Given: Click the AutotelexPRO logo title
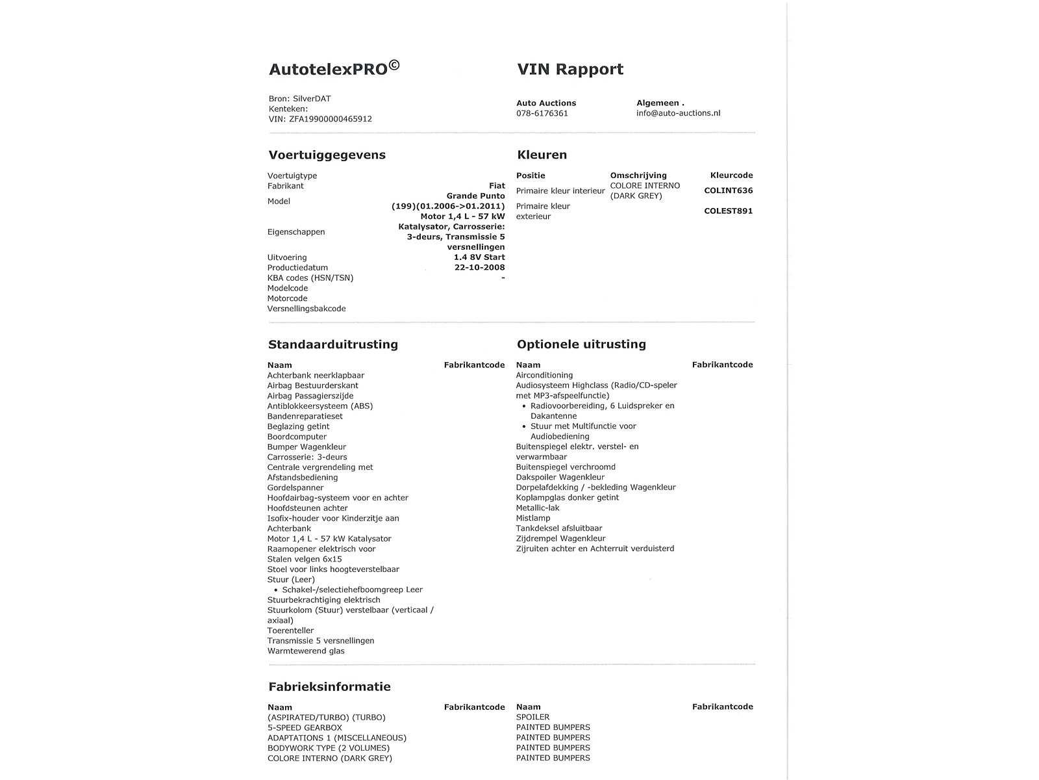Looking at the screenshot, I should (x=334, y=69).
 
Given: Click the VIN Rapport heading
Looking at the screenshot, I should (x=570, y=70).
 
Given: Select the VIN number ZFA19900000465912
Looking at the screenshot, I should (x=330, y=119).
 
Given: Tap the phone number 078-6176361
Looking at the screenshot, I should (x=542, y=113).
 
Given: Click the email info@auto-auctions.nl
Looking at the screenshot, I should (x=678, y=113).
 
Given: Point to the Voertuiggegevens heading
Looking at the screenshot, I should (x=327, y=155).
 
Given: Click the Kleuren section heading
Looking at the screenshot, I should (x=542, y=155).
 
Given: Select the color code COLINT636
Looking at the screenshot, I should (x=728, y=190).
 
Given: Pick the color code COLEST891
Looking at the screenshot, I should (x=728, y=211).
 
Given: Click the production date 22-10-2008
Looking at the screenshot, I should (x=479, y=267).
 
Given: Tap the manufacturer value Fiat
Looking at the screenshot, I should (x=497, y=186).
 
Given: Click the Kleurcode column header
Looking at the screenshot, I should (x=731, y=175).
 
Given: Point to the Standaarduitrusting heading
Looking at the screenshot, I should (x=332, y=344).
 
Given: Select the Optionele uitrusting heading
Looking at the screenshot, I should (x=581, y=344).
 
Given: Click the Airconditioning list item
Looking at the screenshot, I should (x=544, y=375).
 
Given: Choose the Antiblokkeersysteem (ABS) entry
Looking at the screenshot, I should (x=319, y=406).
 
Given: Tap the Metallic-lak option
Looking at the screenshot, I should (x=537, y=508).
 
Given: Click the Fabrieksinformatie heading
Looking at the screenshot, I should (x=329, y=686).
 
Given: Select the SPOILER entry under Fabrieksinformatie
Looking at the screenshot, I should (x=532, y=717).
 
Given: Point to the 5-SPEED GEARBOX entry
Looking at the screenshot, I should (x=304, y=727).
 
